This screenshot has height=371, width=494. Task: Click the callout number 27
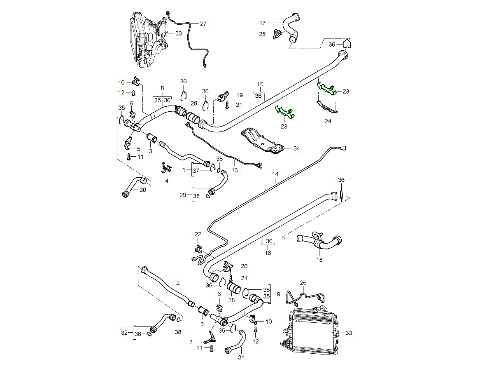point(203,24)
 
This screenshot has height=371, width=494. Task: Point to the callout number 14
point(275,174)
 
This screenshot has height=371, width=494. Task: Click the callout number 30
point(143,190)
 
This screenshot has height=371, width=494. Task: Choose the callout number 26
point(303,283)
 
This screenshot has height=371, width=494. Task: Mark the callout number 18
point(319,260)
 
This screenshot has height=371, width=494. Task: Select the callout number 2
point(178,283)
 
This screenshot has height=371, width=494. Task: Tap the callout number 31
point(241,357)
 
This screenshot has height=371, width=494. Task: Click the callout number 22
point(198,235)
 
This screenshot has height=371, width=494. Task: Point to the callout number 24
point(328,122)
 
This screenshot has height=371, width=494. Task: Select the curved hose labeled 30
point(133,186)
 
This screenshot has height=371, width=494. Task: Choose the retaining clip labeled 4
point(166,167)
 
